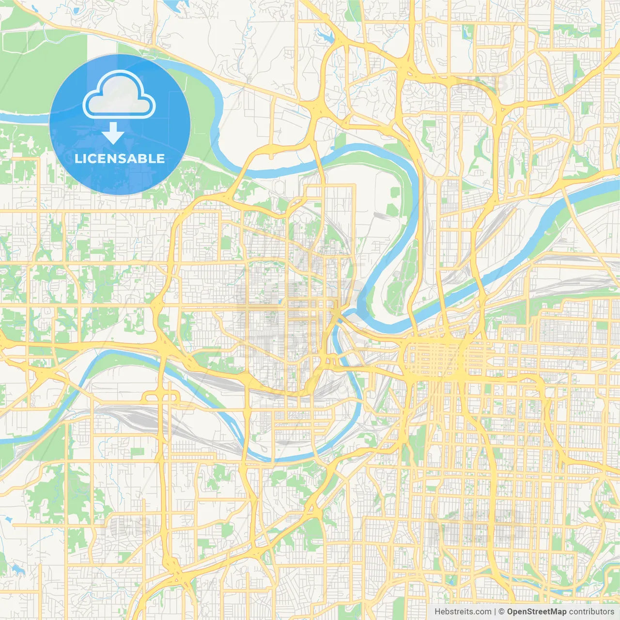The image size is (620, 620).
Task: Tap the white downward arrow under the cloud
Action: [113, 133]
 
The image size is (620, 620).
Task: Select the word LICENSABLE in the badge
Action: [119, 158]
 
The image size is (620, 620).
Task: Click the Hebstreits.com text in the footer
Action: [463, 612]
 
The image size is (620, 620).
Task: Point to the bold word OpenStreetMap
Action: [536, 612]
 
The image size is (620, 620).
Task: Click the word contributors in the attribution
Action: [591, 612]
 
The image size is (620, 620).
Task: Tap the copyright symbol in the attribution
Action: [501, 612]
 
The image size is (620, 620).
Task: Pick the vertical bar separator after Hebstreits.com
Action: [495, 612]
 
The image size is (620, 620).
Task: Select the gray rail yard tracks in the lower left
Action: [121, 417]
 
